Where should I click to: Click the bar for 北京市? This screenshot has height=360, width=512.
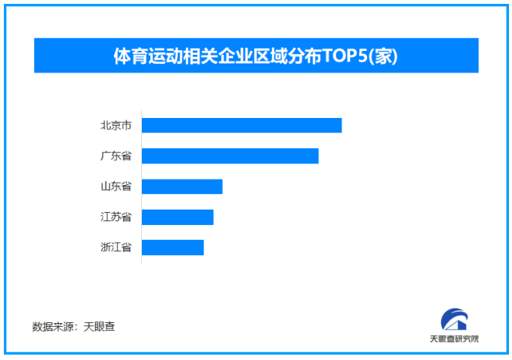pos(241,125)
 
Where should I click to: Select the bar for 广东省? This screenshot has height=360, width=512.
pos(230,156)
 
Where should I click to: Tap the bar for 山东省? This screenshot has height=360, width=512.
pos(182,186)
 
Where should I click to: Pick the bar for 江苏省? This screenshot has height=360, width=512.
pos(177,217)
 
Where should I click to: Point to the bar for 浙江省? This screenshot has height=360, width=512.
pos(173,247)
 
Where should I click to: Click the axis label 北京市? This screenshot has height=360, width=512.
pos(116,125)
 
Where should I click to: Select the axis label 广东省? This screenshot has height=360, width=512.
pos(116,156)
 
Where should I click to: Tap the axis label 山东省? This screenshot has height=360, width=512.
pos(116,186)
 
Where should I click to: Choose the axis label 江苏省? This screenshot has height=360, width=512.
pos(116,217)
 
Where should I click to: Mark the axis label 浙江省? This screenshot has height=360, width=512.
pos(116,247)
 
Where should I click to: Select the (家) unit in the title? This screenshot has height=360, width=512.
pos(384,56)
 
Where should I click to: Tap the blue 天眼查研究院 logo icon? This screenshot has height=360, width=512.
pos(454,321)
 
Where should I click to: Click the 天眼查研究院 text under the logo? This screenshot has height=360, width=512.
pos(454,339)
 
